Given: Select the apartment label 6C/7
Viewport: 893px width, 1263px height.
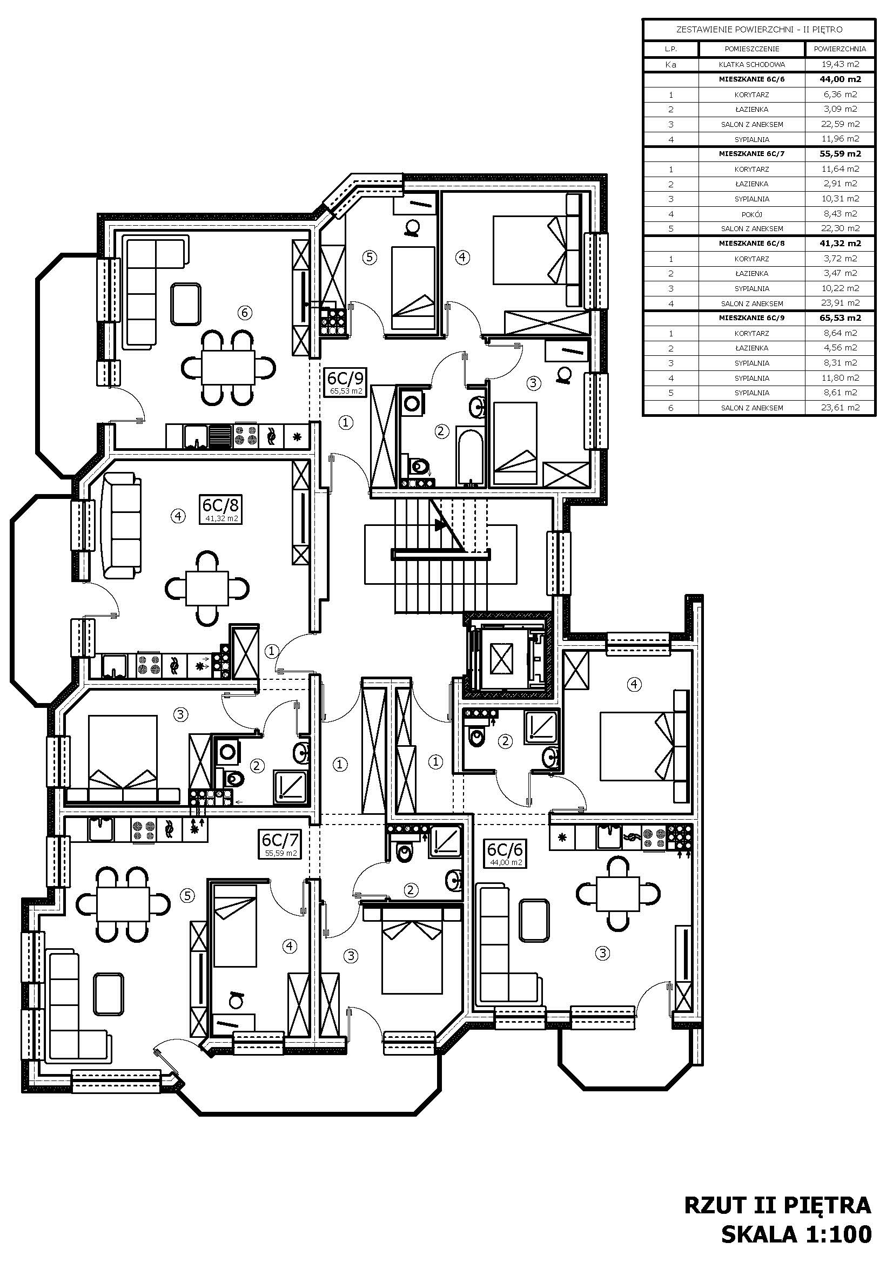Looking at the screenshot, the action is point(280,840).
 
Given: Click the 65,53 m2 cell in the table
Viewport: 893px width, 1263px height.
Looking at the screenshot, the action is point(840,318).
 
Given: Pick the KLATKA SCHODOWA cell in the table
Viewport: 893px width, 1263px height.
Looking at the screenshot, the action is point(751,65).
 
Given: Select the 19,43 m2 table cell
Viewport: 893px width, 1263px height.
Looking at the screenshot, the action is point(840,64).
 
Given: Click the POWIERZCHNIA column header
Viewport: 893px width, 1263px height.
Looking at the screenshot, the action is point(840,49).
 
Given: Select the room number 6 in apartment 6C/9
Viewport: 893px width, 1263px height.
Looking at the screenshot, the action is point(245,313).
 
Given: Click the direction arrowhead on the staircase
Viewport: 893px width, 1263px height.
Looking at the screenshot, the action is point(440,525).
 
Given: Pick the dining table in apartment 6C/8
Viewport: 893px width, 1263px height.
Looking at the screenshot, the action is point(207,588).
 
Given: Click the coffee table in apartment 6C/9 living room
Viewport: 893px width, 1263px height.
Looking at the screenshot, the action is point(185,303).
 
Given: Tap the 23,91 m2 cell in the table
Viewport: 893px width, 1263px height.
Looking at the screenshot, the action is point(840,302).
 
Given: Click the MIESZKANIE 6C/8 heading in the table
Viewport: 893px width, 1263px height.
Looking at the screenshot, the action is point(751,243).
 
